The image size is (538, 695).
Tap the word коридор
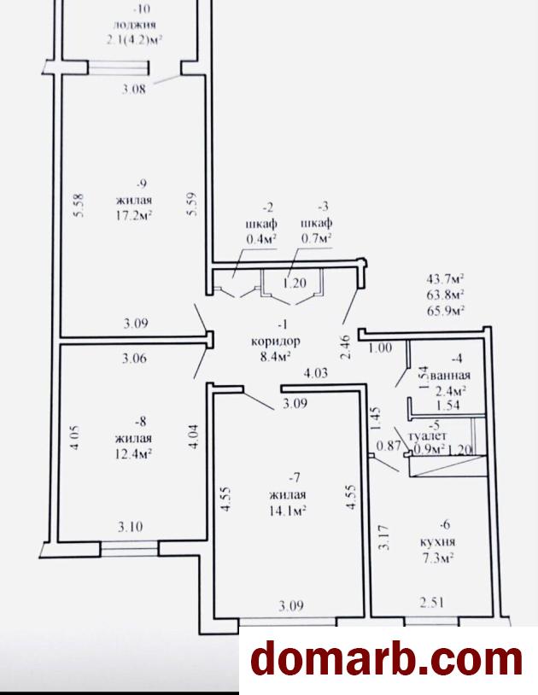pos(276,342)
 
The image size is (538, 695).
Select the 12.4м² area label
pos(134,454)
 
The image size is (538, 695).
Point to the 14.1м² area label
pos(288,511)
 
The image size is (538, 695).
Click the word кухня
pos(438,541)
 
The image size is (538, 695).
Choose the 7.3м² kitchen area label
pos(437,558)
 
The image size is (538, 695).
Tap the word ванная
pos(450,376)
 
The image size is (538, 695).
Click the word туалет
pos(428,436)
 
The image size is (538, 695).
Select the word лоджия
pos(134,26)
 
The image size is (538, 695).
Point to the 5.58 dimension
pos(79,204)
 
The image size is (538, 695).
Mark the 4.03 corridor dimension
pos(315,372)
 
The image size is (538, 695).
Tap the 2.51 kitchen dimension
pos(431,603)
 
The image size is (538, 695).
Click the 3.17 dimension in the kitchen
pos(385,537)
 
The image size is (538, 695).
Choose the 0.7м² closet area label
pos(317,238)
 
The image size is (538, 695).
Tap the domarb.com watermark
pos(386,660)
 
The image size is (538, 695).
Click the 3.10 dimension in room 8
pos(131,527)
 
